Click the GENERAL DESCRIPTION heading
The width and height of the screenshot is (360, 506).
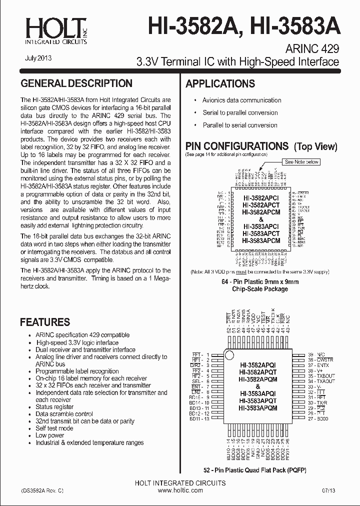click(x=76, y=83)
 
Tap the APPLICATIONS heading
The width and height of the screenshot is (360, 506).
click(x=220, y=84)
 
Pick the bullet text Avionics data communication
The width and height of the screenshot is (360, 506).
click(x=241, y=100)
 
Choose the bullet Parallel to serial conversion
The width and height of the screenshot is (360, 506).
click(x=239, y=125)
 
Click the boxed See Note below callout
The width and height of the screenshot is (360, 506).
click(x=301, y=162)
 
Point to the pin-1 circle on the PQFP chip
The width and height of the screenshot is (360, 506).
click(x=229, y=355)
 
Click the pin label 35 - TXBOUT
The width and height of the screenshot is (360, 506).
click(x=321, y=375)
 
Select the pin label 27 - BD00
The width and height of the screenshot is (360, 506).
click(x=318, y=418)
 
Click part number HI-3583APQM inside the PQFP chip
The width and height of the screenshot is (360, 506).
click(x=258, y=408)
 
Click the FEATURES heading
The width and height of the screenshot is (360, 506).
click(x=45, y=322)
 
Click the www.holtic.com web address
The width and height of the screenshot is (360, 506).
click(x=180, y=490)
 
